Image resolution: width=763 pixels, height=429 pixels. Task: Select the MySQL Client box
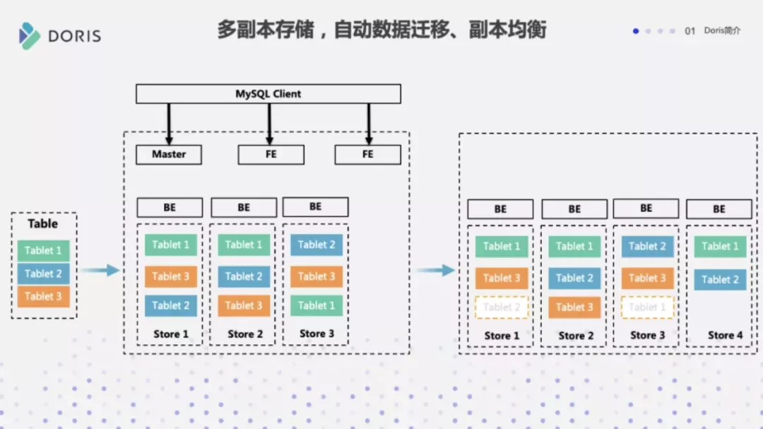(x=268, y=94)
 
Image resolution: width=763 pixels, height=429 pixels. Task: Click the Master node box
(x=169, y=154)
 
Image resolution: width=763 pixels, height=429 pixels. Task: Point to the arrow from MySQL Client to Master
(x=169, y=124)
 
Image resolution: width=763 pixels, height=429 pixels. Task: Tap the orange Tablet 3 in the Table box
(x=43, y=297)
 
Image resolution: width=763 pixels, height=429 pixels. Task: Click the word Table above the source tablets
(x=43, y=224)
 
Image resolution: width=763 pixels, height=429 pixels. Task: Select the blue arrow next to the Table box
(x=100, y=270)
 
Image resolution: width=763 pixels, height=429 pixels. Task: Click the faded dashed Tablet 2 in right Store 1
(x=501, y=307)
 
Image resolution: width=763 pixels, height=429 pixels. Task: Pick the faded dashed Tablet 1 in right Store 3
(x=647, y=307)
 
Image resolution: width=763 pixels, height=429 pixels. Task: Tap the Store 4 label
(x=726, y=335)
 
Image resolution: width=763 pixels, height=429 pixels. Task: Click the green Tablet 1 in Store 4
(x=720, y=247)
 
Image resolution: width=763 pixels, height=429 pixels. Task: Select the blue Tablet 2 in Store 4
(x=720, y=279)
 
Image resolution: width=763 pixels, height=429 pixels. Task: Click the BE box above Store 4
(x=719, y=209)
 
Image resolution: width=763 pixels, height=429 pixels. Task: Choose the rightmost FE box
(x=367, y=154)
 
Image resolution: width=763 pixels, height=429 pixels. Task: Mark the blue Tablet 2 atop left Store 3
(x=316, y=245)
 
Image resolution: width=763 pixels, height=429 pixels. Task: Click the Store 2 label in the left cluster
(x=245, y=334)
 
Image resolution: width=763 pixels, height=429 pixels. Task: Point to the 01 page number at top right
(x=690, y=31)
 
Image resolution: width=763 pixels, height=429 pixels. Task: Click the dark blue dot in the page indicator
(x=636, y=31)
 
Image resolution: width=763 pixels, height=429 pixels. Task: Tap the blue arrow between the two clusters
(x=435, y=270)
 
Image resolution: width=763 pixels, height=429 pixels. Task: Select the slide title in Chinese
(x=381, y=30)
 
